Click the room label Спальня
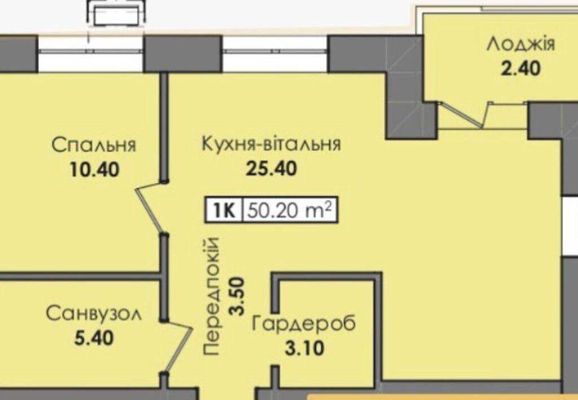coord(94,145)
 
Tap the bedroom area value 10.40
coord(94,170)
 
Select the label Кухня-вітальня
coord(272,145)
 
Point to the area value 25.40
coord(272,169)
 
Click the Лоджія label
coord(520,45)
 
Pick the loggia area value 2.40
coord(520,68)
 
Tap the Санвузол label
coord(94,314)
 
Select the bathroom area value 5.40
coord(94,338)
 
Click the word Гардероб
coord(304,324)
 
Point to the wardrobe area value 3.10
coord(304,348)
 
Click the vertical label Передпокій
coord(212,296)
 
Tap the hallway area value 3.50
coord(237,296)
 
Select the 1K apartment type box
coord(224,210)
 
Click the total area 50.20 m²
coord(290,210)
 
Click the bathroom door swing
coord(177,346)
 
